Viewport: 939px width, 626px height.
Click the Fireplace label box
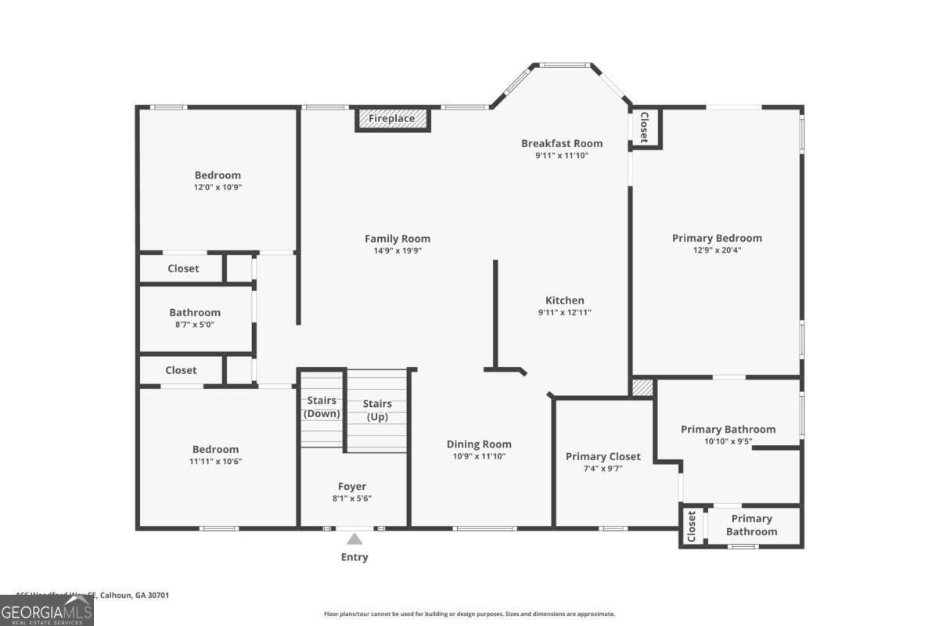point(393,119)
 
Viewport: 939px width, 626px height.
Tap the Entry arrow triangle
point(354,539)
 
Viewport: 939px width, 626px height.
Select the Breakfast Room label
point(562,143)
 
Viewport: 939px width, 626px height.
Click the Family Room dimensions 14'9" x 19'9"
point(398,251)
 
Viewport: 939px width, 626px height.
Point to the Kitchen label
point(564,300)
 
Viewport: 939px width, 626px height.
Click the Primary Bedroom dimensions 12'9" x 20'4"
point(717,251)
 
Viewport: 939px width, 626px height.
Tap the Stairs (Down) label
point(322,408)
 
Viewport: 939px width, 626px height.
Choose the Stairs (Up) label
point(377,411)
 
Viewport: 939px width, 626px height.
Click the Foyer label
point(352,486)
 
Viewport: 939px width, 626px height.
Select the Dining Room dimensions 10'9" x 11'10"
point(479,456)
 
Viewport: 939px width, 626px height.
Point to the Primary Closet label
point(603,456)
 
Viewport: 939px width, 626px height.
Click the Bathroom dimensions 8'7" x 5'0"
point(195,324)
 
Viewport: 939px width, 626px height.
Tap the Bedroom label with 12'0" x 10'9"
point(218,175)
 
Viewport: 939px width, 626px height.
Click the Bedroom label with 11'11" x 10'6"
point(215,449)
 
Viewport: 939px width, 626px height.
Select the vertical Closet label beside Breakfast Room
point(645,128)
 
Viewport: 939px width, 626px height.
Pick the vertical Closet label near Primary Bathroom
point(692,527)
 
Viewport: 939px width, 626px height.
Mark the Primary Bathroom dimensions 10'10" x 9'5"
point(728,441)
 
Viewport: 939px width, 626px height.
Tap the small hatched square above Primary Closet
point(642,388)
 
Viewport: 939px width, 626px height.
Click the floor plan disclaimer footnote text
point(469,614)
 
